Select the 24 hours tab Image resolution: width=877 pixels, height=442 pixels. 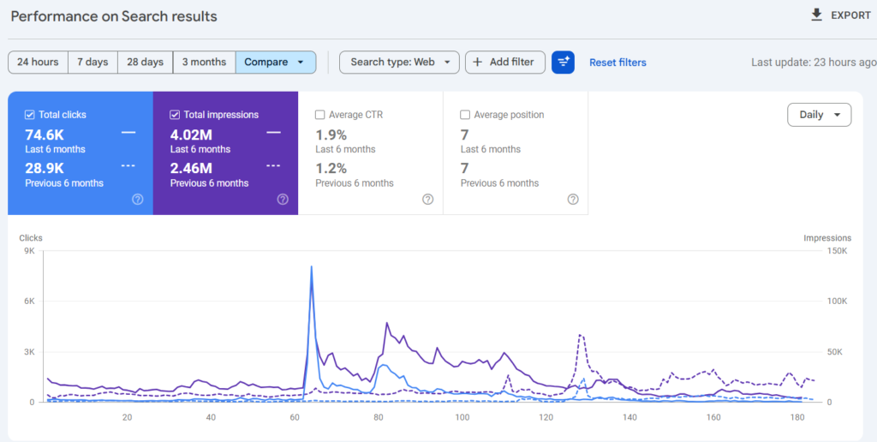point(38,62)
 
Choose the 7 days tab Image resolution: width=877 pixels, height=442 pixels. point(92,62)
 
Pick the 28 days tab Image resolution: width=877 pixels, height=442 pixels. point(145,62)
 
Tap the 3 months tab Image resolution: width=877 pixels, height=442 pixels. point(203,62)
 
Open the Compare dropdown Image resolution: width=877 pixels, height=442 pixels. point(275,62)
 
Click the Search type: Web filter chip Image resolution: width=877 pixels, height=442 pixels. point(399,62)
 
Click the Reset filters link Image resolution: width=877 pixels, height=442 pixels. point(617,63)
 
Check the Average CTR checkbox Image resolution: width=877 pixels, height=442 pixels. point(320,115)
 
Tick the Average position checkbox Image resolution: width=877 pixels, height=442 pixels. point(465,115)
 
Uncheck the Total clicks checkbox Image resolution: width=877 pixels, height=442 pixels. point(30,115)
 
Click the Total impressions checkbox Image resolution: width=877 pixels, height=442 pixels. point(175,115)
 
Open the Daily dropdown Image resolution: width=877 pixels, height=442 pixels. point(819,115)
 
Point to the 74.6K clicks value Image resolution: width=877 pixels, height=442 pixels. point(45,134)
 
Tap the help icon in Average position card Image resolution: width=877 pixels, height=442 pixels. point(573,199)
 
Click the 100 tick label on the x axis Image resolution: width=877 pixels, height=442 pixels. point(462,417)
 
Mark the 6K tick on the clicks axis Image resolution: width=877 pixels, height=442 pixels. point(28,302)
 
